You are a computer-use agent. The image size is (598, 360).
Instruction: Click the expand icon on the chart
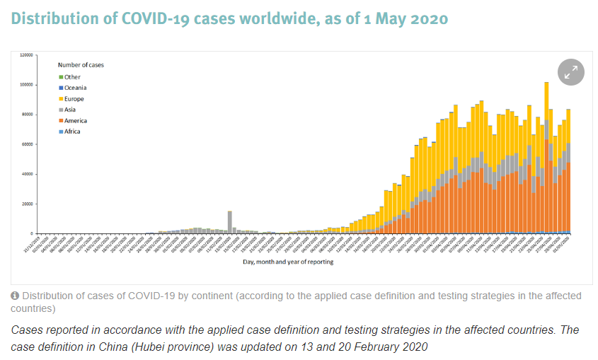tap(570, 71)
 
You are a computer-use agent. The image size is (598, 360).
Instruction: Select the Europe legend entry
tap(74, 99)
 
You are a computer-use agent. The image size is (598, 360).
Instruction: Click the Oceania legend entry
tap(76, 88)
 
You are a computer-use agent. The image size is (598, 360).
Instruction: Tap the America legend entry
tap(76, 121)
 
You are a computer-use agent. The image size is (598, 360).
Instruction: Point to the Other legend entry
tap(72, 77)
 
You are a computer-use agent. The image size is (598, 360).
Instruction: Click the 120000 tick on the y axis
tap(26, 54)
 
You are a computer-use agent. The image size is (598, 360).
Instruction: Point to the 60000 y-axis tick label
tap(27, 144)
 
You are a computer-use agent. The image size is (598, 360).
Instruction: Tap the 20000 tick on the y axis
tap(27, 204)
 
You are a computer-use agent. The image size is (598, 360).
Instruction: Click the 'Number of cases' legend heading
tap(81, 65)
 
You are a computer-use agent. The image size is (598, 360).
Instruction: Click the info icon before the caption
tap(15, 295)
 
